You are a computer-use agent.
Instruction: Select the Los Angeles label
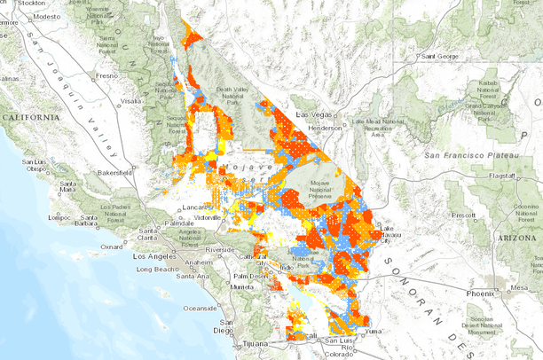click(150, 256)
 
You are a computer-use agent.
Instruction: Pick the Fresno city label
click(106, 76)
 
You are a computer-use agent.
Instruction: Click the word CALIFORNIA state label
click(30, 117)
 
